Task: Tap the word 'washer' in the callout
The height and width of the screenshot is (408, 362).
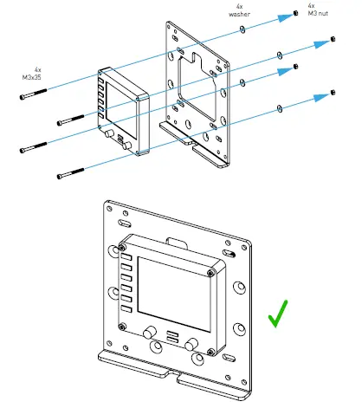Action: tap(240, 15)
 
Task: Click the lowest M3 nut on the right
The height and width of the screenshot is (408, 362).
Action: tap(333, 91)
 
